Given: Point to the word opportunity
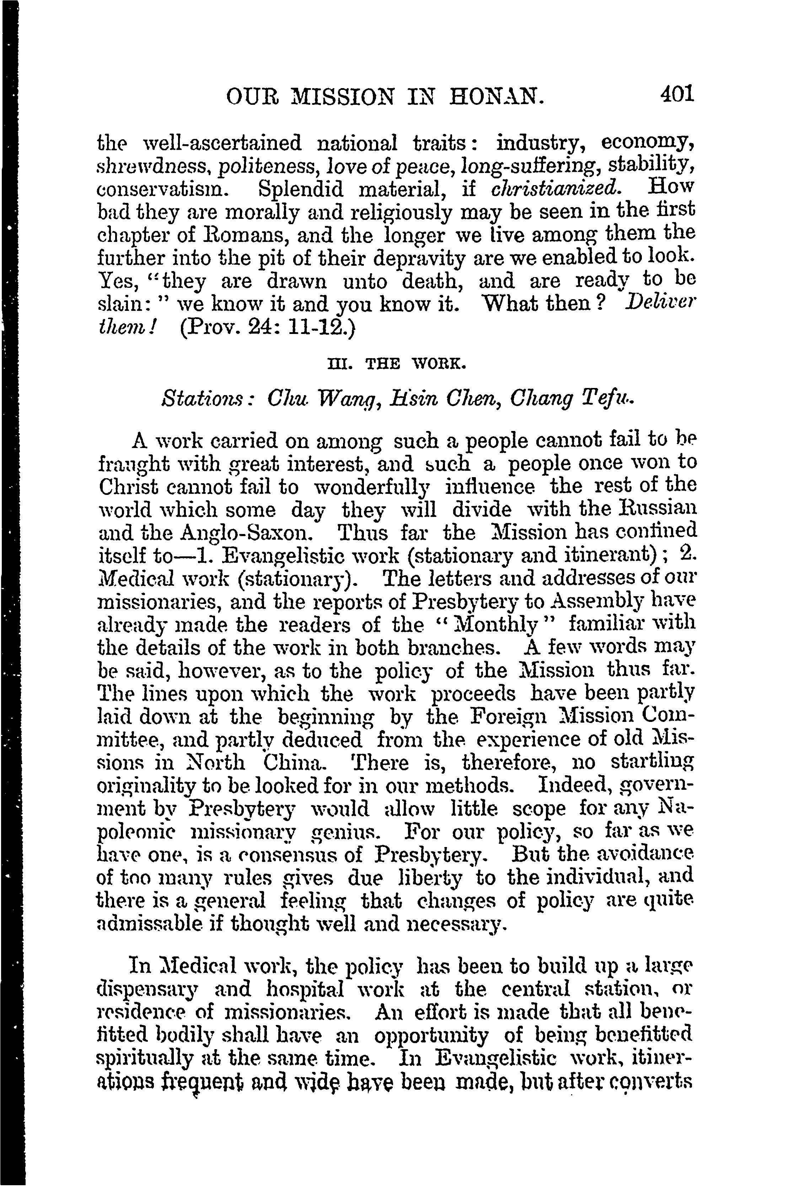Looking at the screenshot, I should click(431, 1035).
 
